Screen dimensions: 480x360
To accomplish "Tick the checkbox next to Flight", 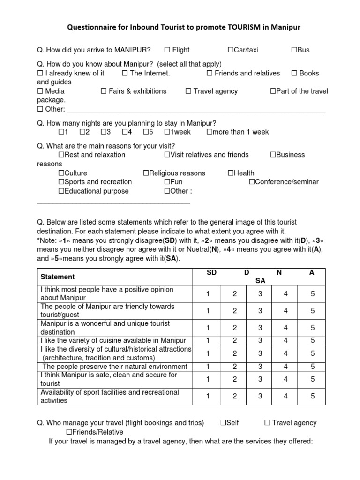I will click(167, 50).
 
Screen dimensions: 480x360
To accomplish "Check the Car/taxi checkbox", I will click(231, 50).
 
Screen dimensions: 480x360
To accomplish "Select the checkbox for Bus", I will click(294, 50).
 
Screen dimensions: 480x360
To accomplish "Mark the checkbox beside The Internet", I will click(125, 73).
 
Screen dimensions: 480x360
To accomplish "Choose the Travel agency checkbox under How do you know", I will click(188, 91).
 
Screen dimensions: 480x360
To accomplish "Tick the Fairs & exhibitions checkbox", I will click(104, 91).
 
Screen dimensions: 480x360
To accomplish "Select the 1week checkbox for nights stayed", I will click(167, 132).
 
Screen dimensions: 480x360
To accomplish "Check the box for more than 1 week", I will click(209, 132).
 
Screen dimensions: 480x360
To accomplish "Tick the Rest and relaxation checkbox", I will click(61, 155).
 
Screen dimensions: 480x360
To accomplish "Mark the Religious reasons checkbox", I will click(146, 173).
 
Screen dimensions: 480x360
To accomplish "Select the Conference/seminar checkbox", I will click(252, 182).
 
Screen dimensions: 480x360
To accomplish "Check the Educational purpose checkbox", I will click(61, 191).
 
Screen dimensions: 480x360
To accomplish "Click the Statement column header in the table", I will click(58, 277).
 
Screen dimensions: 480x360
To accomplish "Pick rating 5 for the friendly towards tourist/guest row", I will click(313, 311).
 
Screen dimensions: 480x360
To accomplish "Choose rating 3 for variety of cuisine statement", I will click(260, 340).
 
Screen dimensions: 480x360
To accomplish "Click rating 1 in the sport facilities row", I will click(207, 396).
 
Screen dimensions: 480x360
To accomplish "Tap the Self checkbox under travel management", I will click(223, 423).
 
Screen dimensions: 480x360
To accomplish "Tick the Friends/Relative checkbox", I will click(68, 432).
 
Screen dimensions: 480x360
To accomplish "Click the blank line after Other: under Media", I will click(197, 111).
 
